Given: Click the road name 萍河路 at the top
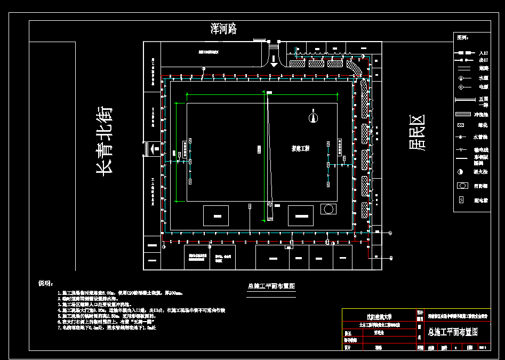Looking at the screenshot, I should click(x=223, y=29).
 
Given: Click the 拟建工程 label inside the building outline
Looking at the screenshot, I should click(x=300, y=148).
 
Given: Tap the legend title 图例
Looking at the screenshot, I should click(x=462, y=38).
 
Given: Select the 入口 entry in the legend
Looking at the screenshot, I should click(x=483, y=53).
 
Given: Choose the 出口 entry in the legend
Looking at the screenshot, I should click(x=483, y=61).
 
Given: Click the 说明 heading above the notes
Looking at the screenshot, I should click(x=45, y=283).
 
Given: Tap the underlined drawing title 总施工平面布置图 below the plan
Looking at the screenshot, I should click(x=271, y=286).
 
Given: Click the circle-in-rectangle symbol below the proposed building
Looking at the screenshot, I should click(x=328, y=209).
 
